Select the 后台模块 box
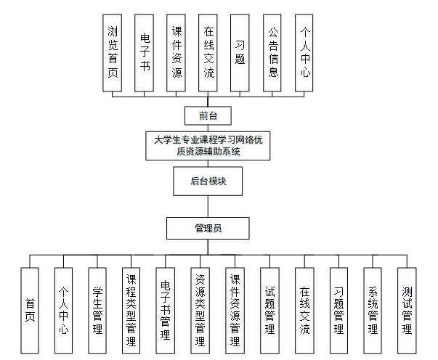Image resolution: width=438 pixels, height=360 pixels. click(x=208, y=181)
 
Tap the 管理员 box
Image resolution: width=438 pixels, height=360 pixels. click(x=208, y=228)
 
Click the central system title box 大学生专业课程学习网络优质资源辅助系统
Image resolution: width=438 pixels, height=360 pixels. click(x=208, y=146)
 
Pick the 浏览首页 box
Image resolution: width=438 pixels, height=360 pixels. click(x=112, y=52)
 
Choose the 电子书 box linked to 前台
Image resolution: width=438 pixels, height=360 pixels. click(x=145, y=52)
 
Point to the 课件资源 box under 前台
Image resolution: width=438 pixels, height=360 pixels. click(x=177, y=52)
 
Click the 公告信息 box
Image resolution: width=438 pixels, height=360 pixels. click(x=272, y=52)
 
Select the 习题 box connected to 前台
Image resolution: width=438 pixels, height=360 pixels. click(x=240, y=52)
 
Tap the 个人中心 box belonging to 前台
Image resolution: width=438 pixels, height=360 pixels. click(x=304, y=52)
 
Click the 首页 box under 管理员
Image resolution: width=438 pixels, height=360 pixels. click(x=30, y=311)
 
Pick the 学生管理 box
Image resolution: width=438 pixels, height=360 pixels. click(x=97, y=311)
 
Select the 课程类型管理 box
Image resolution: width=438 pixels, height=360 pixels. click(x=131, y=311)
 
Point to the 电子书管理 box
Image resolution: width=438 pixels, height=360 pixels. click(x=166, y=311)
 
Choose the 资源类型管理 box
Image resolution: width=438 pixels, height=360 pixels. click(x=200, y=311)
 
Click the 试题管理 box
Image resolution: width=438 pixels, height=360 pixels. click(x=269, y=311)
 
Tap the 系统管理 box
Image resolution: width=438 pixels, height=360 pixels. click(x=373, y=311)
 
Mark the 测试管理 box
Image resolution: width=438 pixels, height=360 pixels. click(x=407, y=311)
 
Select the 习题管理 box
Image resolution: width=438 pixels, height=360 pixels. click(x=338, y=311)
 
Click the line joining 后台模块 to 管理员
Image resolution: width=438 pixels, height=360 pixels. click(x=208, y=206)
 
